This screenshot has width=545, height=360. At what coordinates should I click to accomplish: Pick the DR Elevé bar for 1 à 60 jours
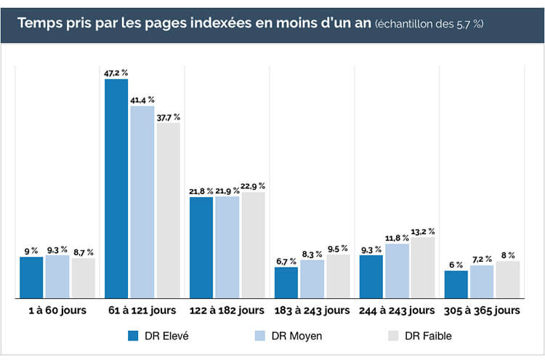[31, 277]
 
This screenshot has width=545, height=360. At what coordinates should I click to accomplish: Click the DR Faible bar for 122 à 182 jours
[254, 245]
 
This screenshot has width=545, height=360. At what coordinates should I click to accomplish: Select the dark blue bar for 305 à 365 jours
[456, 284]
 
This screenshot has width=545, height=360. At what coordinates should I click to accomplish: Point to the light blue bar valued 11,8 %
[397, 271]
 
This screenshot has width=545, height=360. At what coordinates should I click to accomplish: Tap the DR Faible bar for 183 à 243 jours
[338, 276]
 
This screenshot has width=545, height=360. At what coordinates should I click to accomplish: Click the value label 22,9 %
[254, 186]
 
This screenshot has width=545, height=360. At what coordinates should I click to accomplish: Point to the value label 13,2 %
[423, 231]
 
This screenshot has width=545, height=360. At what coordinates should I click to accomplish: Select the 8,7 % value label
[84, 252]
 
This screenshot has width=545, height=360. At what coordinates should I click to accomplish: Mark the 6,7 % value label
[286, 261]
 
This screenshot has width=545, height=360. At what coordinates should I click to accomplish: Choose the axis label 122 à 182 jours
[227, 311]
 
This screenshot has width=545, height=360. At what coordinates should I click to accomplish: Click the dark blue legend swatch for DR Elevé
[133, 336]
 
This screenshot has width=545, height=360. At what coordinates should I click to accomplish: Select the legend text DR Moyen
[296, 336]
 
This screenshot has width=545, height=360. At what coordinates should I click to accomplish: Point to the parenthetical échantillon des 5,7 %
[429, 24]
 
